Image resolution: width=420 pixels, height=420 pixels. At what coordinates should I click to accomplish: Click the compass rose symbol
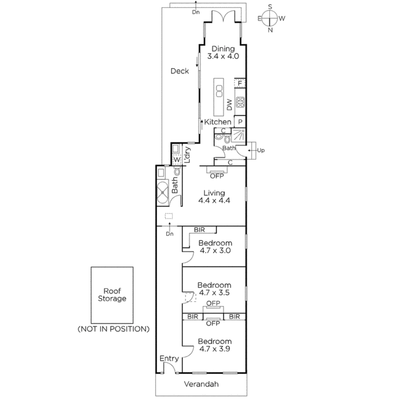[270, 18]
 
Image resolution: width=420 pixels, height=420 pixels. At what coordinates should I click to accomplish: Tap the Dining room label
[223, 49]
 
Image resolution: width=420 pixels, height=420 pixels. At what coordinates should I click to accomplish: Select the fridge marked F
[240, 84]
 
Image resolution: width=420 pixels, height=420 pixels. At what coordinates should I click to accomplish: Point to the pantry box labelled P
[240, 121]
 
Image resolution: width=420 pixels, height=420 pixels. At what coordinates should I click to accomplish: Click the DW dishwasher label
[229, 105]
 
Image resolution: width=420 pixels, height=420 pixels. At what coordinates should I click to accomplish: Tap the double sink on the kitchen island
[219, 91]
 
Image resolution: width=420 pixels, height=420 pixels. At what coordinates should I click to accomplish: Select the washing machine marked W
[177, 160]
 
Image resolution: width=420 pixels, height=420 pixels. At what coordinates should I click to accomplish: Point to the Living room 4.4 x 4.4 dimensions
[214, 200]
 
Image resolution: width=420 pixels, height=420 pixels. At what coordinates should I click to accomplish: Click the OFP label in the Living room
[217, 176]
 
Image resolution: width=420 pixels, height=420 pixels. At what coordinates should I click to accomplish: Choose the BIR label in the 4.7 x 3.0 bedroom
[199, 230]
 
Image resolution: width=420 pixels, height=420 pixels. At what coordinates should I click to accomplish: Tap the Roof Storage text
[112, 295]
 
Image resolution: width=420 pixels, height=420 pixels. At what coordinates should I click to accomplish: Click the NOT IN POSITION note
[113, 329]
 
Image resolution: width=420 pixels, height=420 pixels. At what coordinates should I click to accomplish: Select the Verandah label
[201, 384]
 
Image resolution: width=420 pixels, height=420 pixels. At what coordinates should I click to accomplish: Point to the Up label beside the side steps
[261, 150]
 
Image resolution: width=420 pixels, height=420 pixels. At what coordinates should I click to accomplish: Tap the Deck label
[180, 71]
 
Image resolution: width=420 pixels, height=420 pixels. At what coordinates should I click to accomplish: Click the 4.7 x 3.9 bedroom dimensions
[215, 349]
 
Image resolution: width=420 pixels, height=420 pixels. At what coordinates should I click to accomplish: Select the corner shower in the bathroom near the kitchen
[238, 135]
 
